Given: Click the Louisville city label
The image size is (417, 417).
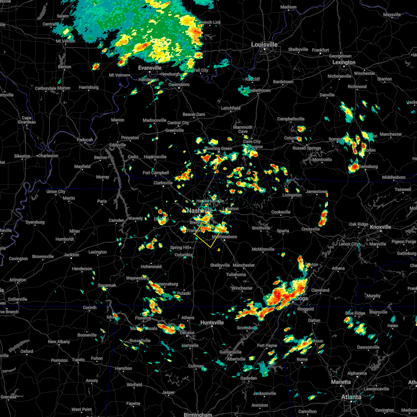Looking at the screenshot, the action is [x=264, y=45].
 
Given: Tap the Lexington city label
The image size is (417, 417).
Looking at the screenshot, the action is [x=344, y=63].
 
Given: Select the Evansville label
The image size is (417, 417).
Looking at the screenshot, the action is [x=150, y=68].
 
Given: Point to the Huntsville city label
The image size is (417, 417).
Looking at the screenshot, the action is [x=212, y=323].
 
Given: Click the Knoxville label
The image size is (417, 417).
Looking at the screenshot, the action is [x=381, y=227].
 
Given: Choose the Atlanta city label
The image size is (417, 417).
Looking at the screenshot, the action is [x=351, y=397].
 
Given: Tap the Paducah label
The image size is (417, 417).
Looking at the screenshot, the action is [x=85, y=140].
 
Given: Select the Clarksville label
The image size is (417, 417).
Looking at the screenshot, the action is [x=163, y=183].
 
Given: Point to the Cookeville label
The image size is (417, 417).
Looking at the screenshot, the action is [x=281, y=212].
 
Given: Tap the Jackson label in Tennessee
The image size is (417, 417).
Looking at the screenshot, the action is [x=71, y=255].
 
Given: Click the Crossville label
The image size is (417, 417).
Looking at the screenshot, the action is [x=310, y=229].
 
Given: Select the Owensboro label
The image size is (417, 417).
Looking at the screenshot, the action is [x=179, y=84].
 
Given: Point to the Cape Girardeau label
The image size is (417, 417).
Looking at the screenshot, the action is [x=27, y=120].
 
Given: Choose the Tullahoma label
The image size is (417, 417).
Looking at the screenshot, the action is [x=236, y=275].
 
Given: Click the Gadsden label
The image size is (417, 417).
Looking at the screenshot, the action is [x=248, y=378].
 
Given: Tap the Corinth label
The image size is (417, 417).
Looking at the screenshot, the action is [x=90, y=308].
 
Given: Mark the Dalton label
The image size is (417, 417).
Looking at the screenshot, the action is [x=314, y=320].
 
